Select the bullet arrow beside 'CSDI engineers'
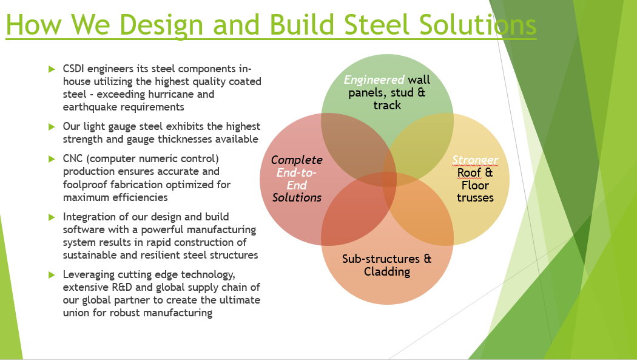point(52,69)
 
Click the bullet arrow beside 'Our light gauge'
point(52,127)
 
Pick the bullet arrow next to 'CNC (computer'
point(52,159)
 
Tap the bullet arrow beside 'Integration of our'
point(52,217)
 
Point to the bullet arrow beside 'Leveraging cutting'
point(52,275)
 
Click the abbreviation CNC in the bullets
point(73,158)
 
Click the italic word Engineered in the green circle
point(374,80)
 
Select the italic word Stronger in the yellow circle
point(475,160)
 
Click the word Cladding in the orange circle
point(387,271)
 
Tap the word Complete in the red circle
point(297,160)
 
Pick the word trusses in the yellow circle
point(475,198)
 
